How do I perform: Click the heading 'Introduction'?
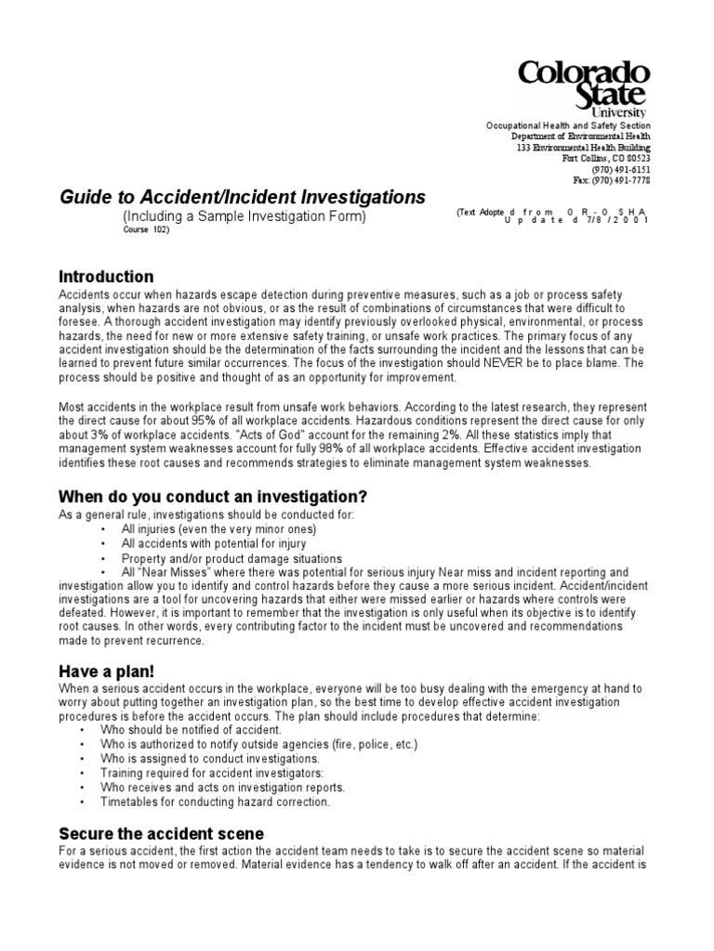tap(106, 277)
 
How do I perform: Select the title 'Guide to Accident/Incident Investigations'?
tap(243, 197)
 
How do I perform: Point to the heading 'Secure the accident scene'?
tap(162, 833)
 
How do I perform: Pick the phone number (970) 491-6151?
tap(624, 170)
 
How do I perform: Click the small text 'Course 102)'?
tap(148, 230)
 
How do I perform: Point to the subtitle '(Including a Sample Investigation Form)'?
tap(245, 216)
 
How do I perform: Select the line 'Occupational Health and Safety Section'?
tap(569, 125)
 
